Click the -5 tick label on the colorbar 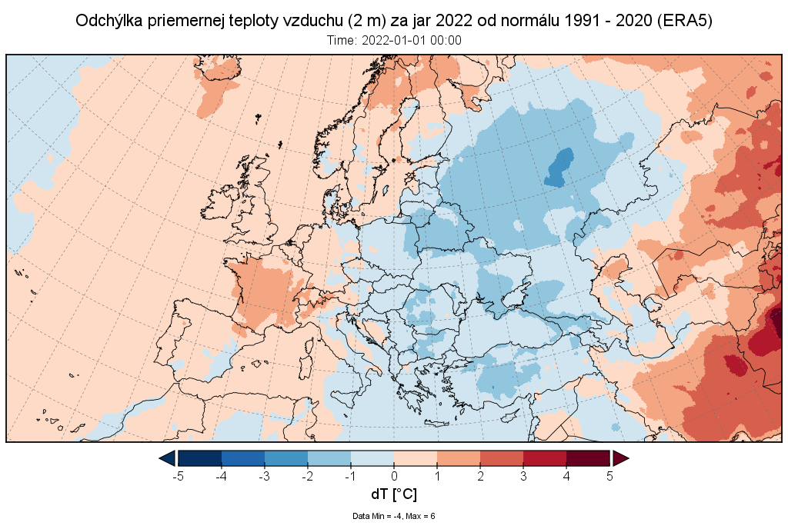(x=178, y=476)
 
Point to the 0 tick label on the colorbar (x=394, y=476)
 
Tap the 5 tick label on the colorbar (x=609, y=476)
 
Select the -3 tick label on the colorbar (x=264, y=476)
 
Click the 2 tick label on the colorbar (x=480, y=476)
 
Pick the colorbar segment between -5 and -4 (x=200, y=458)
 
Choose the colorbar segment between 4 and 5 (x=588, y=458)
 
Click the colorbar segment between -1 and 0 (x=372, y=458)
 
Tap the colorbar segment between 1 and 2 (x=459, y=458)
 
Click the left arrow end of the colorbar (x=166, y=458)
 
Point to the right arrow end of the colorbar (x=620, y=458)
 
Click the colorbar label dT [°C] (x=394, y=494)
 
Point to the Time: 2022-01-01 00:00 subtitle (x=394, y=41)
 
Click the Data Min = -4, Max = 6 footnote (x=394, y=516)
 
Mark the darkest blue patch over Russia (x=559, y=167)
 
